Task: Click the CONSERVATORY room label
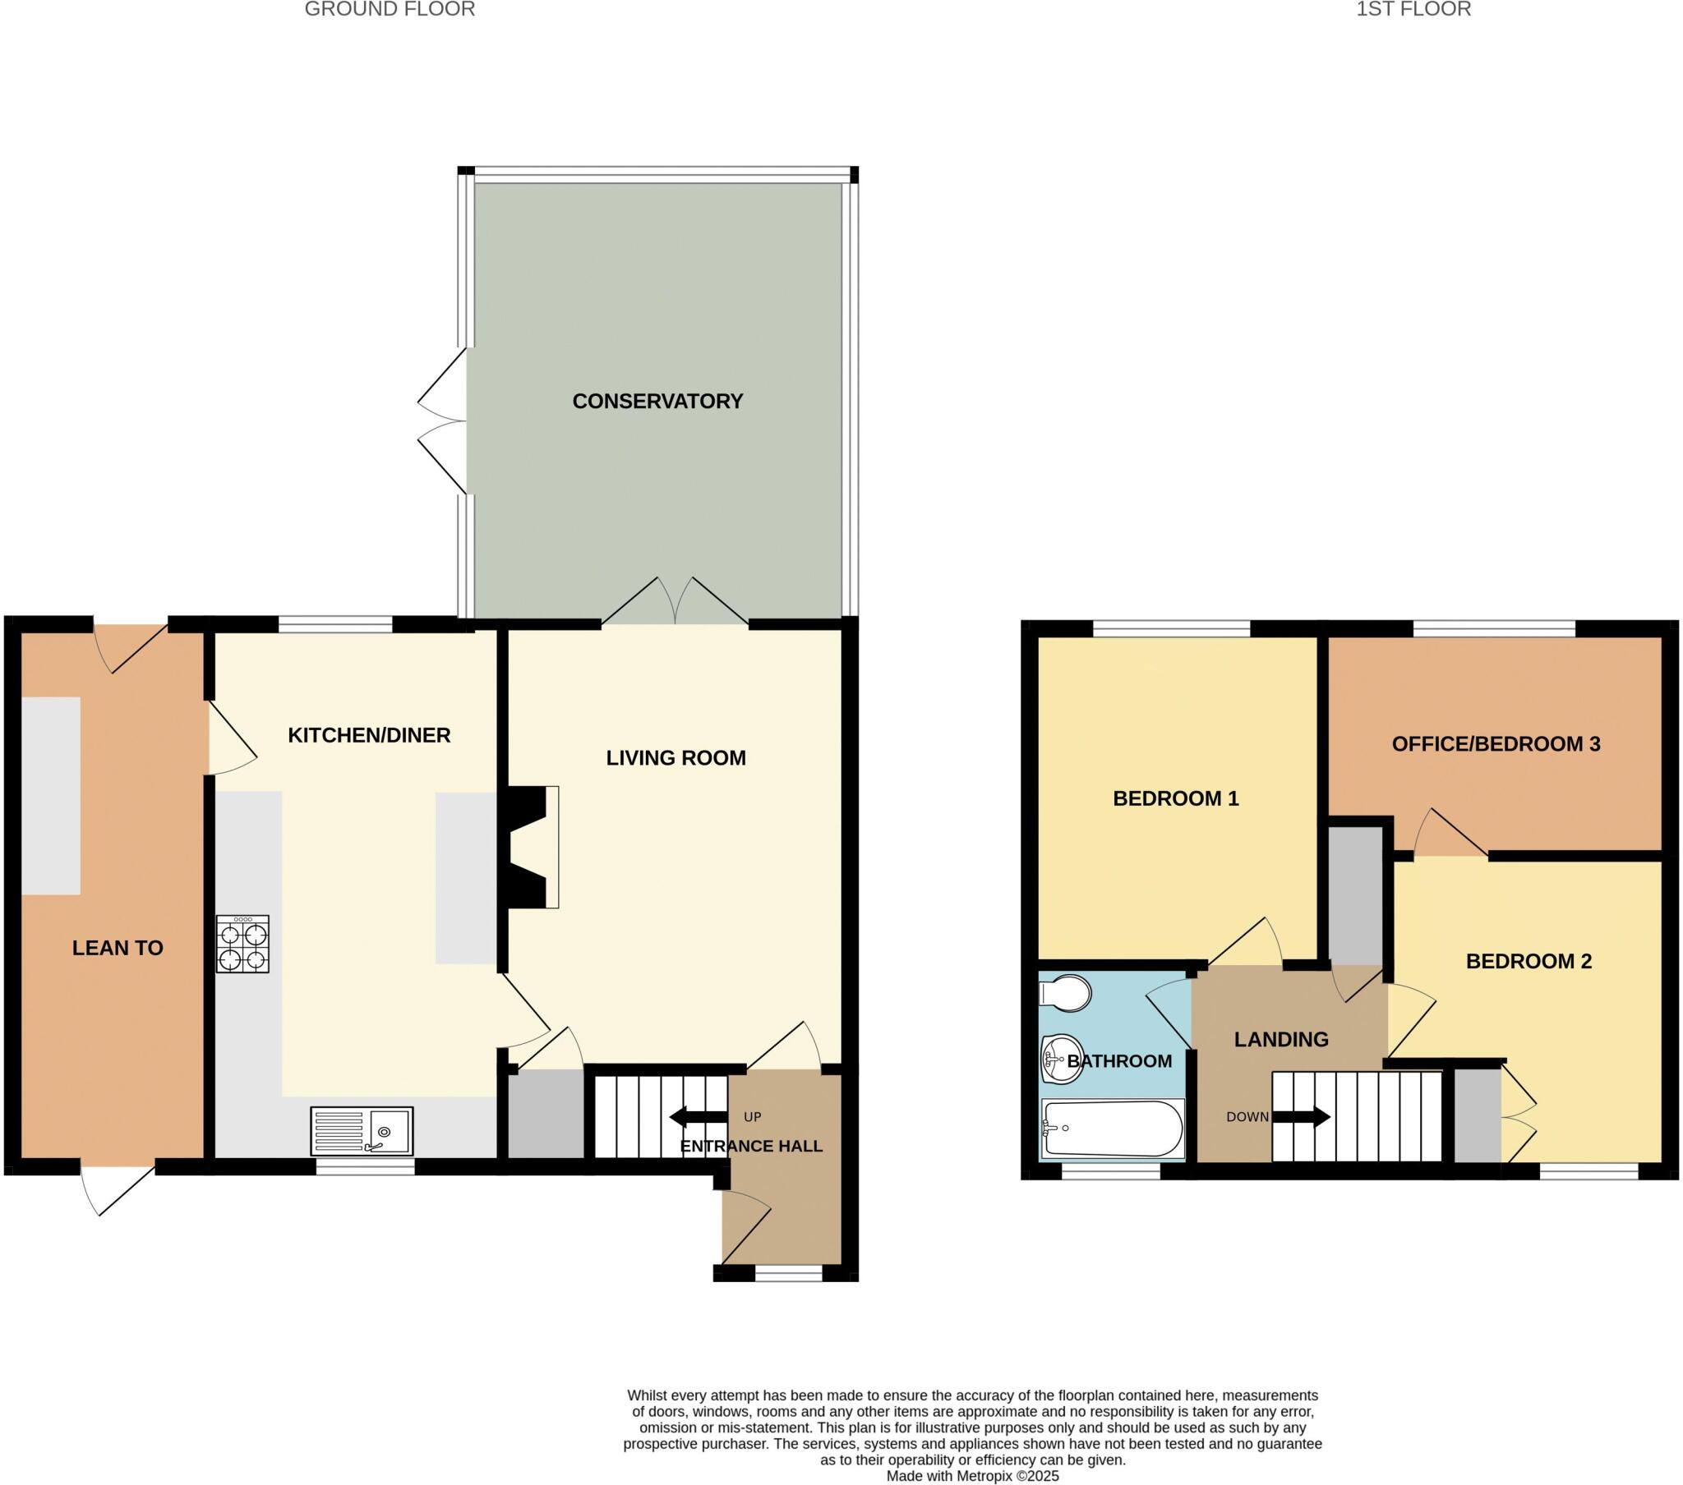(x=657, y=402)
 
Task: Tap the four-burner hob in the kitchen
(x=243, y=945)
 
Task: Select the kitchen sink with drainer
(x=362, y=1131)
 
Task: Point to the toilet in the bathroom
(x=1066, y=994)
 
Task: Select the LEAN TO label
(x=118, y=949)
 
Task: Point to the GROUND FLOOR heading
(x=390, y=10)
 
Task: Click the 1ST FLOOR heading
(x=1413, y=10)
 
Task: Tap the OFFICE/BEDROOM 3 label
(x=1496, y=744)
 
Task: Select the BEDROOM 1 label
(x=1175, y=798)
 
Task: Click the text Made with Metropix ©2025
(x=971, y=1476)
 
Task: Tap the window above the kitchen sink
(x=366, y=1167)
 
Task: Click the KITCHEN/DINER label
(x=369, y=735)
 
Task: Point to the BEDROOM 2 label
(x=1529, y=962)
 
